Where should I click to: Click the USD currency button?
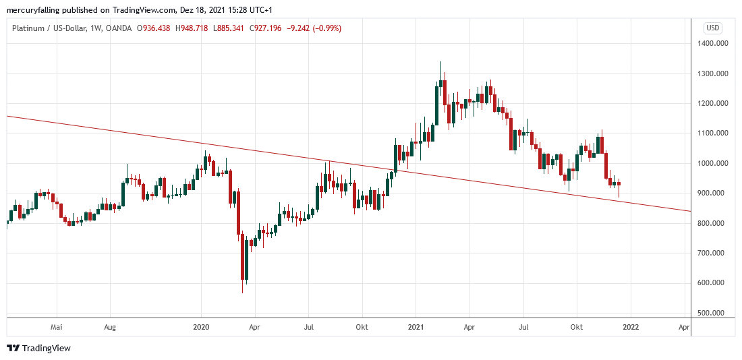tap(713, 28)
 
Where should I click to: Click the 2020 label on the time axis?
tap(201, 327)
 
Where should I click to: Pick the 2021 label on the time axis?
tap(416, 327)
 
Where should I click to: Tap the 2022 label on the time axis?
tap(631, 327)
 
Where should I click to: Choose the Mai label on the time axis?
tap(57, 327)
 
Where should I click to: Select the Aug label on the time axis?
tap(111, 327)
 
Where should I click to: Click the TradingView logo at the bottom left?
tap(38, 348)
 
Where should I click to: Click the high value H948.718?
tap(192, 28)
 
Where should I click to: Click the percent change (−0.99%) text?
tap(326, 28)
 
